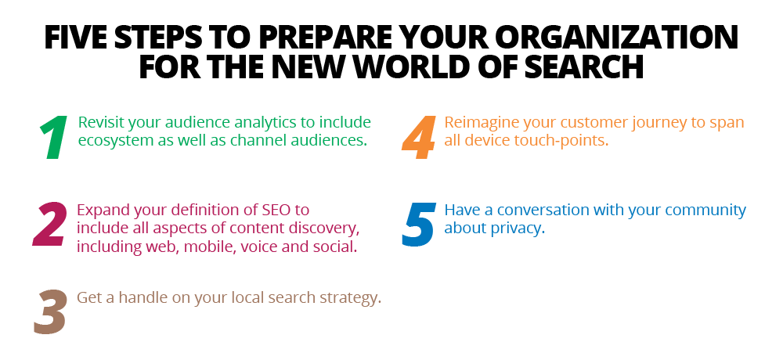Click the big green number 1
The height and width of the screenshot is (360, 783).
point(54,138)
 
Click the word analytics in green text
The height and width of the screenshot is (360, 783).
point(269,123)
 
